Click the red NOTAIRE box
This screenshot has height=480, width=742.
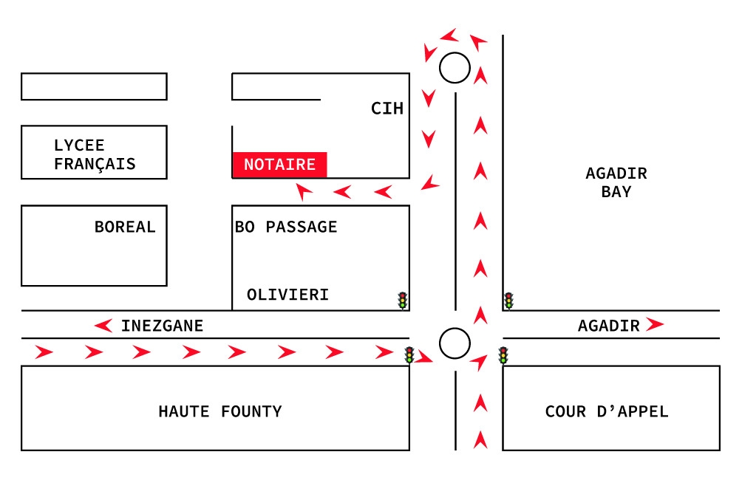(x=279, y=165)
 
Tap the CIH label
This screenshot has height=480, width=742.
(x=387, y=109)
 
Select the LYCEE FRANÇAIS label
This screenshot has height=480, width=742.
(x=95, y=154)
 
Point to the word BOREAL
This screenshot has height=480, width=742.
(x=125, y=227)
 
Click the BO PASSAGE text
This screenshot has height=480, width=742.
(x=286, y=227)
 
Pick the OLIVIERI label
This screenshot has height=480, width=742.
(x=287, y=295)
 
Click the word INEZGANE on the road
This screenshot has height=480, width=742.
(x=163, y=326)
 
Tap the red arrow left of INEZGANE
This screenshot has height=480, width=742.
(x=103, y=326)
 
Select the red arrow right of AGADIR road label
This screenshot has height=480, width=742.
(x=655, y=324)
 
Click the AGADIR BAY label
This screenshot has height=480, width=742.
(x=616, y=182)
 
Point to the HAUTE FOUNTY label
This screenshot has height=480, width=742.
(x=220, y=411)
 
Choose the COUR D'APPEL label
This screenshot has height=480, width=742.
(x=607, y=411)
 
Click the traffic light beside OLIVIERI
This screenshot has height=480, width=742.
(x=402, y=301)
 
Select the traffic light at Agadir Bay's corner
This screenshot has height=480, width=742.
(x=508, y=301)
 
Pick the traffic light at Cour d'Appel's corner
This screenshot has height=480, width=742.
(x=503, y=355)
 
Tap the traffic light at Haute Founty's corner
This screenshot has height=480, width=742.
(x=409, y=355)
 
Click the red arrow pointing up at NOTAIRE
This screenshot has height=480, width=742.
(x=304, y=191)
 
